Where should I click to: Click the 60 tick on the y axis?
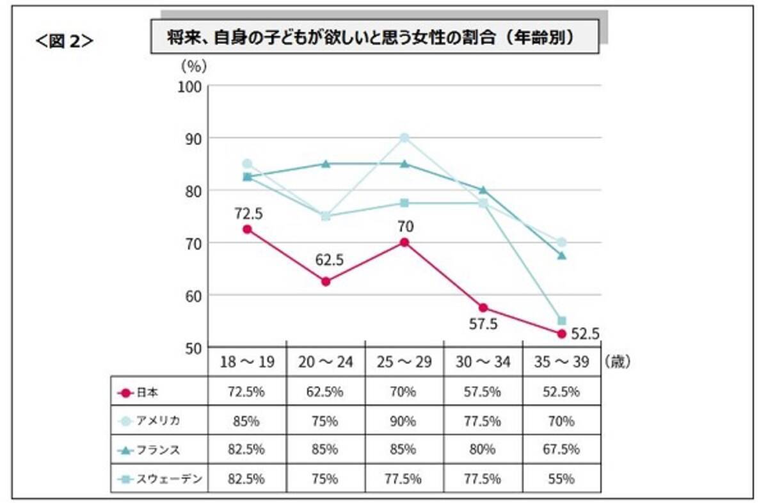coord(191,295)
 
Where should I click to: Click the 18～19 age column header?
coord(247,362)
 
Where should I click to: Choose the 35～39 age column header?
coord(561,362)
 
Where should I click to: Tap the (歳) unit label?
coord(617,362)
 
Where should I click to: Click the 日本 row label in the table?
coord(147,392)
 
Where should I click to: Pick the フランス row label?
coord(156,450)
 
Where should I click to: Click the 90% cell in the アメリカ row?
coord(404,421)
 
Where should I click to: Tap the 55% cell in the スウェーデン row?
coord(561,479)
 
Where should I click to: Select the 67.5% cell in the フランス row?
coord(561,450)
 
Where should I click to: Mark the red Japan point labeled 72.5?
coord(247,229)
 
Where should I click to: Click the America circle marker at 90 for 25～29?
coord(404,138)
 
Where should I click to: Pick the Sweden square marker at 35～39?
coord(561,321)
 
